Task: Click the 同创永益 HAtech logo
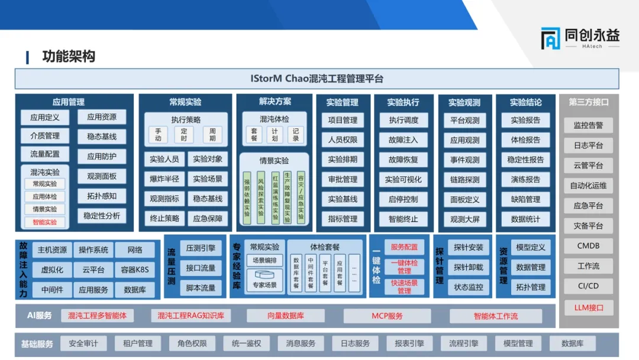pyautogui.click(x=580, y=38)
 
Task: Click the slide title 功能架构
pyautogui.click(x=69, y=57)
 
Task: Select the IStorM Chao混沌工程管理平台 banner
pyautogui.click(x=317, y=79)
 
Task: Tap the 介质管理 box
pyautogui.click(x=45, y=136)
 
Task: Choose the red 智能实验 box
pyautogui.click(x=45, y=222)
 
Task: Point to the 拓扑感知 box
pyautogui.click(x=102, y=196)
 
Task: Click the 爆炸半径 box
pyautogui.click(x=164, y=179)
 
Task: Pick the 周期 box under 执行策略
pyautogui.click(x=212, y=134)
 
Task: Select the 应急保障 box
pyautogui.click(x=208, y=218)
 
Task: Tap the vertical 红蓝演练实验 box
pyautogui.click(x=275, y=198)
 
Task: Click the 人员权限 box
pyautogui.click(x=343, y=140)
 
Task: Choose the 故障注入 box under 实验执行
pyautogui.click(x=404, y=140)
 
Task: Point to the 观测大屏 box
pyautogui.click(x=464, y=219)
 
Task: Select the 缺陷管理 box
pyautogui.click(x=525, y=200)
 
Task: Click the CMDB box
pyautogui.click(x=588, y=246)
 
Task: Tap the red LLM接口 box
pyautogui.click(x=588, y=307)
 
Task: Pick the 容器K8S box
pyautogui.click(x=135, y=270)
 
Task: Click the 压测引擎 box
pyautogui.click(x=201, y=248)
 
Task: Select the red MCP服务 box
pyautogui.click(x=387, y=316)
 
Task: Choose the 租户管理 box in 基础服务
pyautogui.click(x=137, y=343)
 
